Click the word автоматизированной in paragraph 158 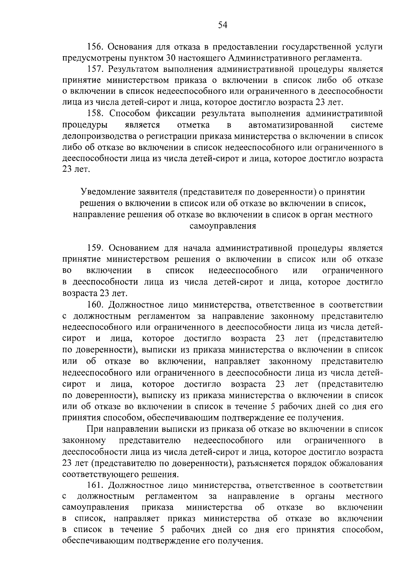click(291, 125)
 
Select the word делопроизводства click(100, 136)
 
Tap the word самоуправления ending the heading click(223, 226)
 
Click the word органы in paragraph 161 click(320, 496)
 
